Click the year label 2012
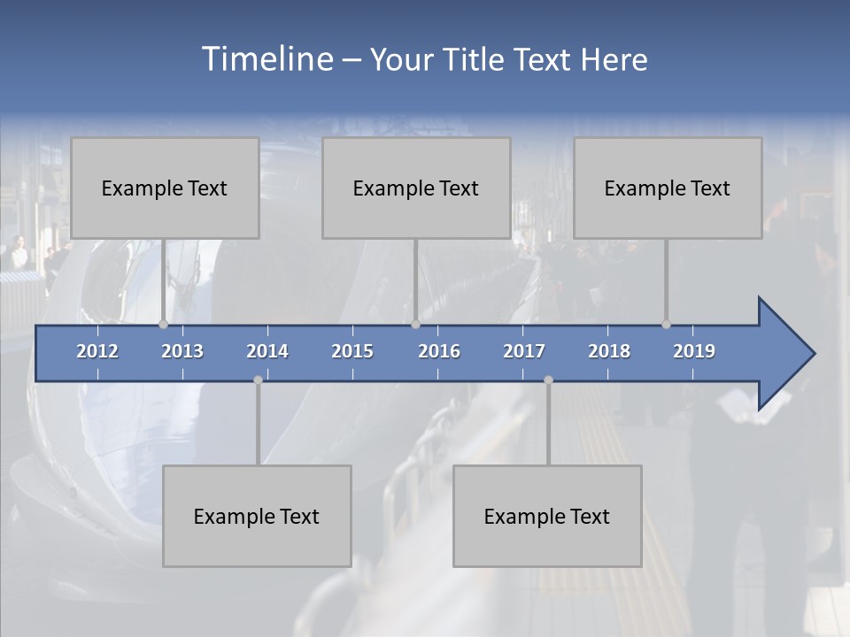(97, 351)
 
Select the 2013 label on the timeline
(182, 351)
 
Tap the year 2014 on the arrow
(267, 351)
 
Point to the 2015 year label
(352, 351)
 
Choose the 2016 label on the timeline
(439, 351)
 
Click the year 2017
(524, 351)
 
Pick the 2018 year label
(609, 351)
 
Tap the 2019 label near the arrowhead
(694, 351)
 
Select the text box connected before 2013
(165, 188)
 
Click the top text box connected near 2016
(416, 188)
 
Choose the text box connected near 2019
(668, 188)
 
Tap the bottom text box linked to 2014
(257, 517)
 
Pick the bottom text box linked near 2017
(547, 517)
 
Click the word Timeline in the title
(267, 59)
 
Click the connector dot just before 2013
(163, 325)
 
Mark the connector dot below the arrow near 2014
(258, 380)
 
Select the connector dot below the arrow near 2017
(548, 380)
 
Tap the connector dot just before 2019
(666, 325)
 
